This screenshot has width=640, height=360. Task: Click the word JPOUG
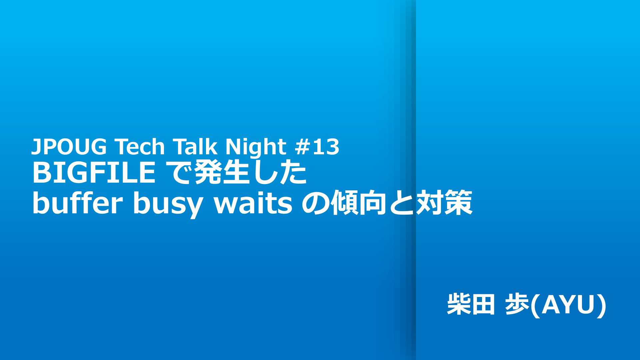click(69, 147)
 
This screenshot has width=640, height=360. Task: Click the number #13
click(317, 147)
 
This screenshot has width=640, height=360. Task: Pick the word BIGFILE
click(94, 172)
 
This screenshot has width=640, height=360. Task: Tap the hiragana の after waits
click(315, 203)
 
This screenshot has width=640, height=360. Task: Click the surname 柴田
click(470, 304)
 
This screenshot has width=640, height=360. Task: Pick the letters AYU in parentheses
click(568, 305)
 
